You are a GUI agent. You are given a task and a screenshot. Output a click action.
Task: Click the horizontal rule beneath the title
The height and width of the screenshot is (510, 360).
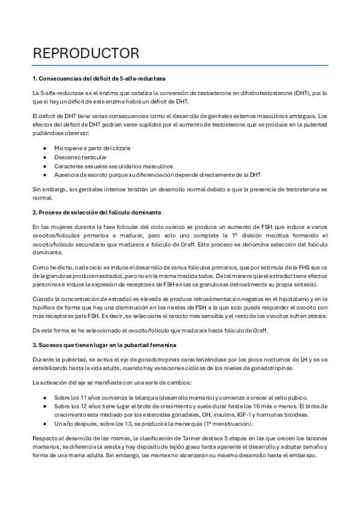click(180, 65)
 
